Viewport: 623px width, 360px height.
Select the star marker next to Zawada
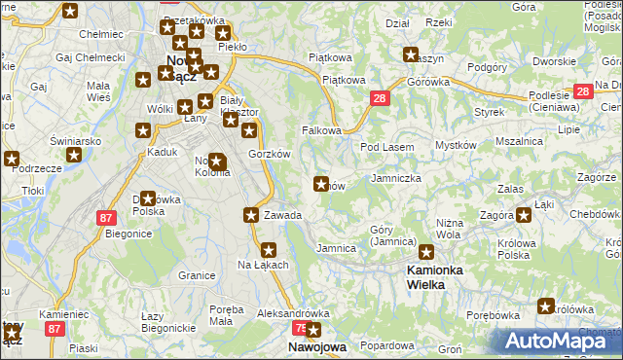[252, 215]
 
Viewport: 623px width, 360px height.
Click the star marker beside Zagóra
[524, 215]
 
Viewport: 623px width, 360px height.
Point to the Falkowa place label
[321, 130]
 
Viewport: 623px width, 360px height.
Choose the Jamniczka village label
[396, 179]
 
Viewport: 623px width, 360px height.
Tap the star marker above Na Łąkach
[269, 249]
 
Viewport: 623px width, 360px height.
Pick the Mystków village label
[456, 145]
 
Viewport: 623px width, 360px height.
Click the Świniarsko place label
[77, 141]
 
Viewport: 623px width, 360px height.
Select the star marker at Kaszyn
[411, 55]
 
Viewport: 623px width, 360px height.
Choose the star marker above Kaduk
[143, 131]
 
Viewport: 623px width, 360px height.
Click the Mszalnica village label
[518, 141]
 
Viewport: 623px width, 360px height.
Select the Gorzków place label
[270, 154]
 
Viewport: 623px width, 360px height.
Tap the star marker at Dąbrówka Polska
[148, 199]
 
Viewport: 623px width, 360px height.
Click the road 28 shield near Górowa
[380, 98]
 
